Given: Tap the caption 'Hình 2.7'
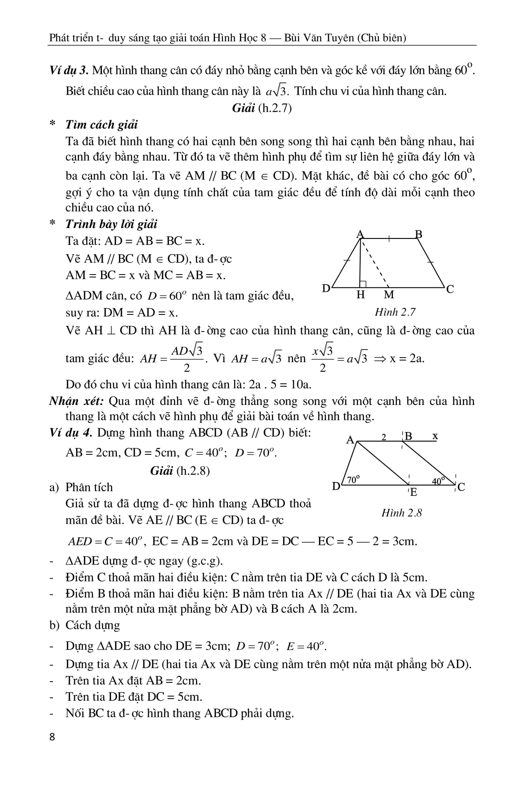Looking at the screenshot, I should pos(395,312).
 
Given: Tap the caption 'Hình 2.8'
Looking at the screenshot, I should pos(401,513).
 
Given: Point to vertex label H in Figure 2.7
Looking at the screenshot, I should pos(361,295).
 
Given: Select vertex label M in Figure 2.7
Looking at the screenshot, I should pos(389,295).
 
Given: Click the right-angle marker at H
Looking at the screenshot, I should pos(363,284).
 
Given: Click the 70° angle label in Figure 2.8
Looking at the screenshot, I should pos(353,480).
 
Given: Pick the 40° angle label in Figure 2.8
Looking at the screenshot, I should pos(438,481).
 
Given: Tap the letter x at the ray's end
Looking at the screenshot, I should pos(435,436).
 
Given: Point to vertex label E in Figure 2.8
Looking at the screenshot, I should pos(413,493).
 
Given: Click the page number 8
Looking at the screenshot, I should pos(52,748).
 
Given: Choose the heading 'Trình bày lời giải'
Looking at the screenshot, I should pos(111,224).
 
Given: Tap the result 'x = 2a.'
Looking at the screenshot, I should pos(407,358).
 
